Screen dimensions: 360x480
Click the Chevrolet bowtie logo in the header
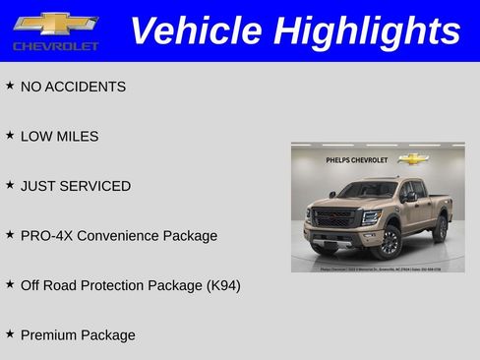[55, 24]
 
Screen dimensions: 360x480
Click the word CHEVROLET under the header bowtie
[56, 46]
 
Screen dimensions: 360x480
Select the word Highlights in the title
[368, 30]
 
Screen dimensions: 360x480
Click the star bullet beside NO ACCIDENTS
[10, 86]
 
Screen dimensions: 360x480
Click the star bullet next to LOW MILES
[10, 135]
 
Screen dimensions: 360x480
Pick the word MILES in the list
[79, 137]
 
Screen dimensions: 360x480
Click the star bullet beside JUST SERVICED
[10, 185]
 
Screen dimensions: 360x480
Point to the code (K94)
[223, 285]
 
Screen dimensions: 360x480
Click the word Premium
[48, 335]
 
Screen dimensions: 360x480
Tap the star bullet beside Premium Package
[10, 333]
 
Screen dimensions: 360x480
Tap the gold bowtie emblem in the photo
[413, 158]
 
